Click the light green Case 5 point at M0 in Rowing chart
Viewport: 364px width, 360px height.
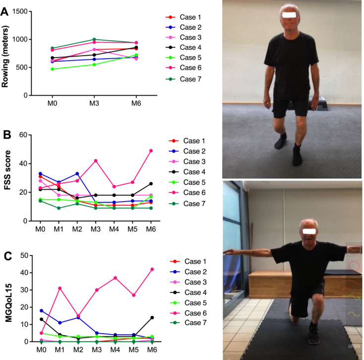[52, 69]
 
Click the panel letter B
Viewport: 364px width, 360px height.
[4, 134]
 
